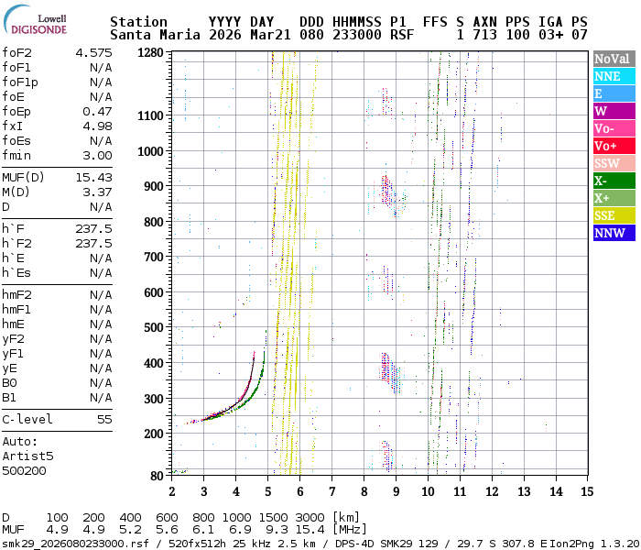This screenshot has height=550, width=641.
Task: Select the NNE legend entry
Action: point(613,77)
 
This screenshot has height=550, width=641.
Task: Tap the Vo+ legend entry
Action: point(613,147)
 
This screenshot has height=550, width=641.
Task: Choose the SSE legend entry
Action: point(613,215)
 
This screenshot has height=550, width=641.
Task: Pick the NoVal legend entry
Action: point(613,59)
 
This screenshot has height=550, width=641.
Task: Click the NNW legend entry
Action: point(613,233)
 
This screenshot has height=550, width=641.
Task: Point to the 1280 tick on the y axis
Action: point(150,53)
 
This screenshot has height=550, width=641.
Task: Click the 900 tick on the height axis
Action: point(154,186)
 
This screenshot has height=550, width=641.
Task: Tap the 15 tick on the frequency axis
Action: point(586,491)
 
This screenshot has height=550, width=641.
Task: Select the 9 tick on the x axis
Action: point(396,491)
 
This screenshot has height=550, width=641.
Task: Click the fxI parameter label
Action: point(12,126)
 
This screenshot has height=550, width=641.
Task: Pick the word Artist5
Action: point(27,456)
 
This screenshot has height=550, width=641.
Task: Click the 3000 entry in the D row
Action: point(310,518)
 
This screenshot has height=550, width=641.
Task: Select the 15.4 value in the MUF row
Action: point(310,531)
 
